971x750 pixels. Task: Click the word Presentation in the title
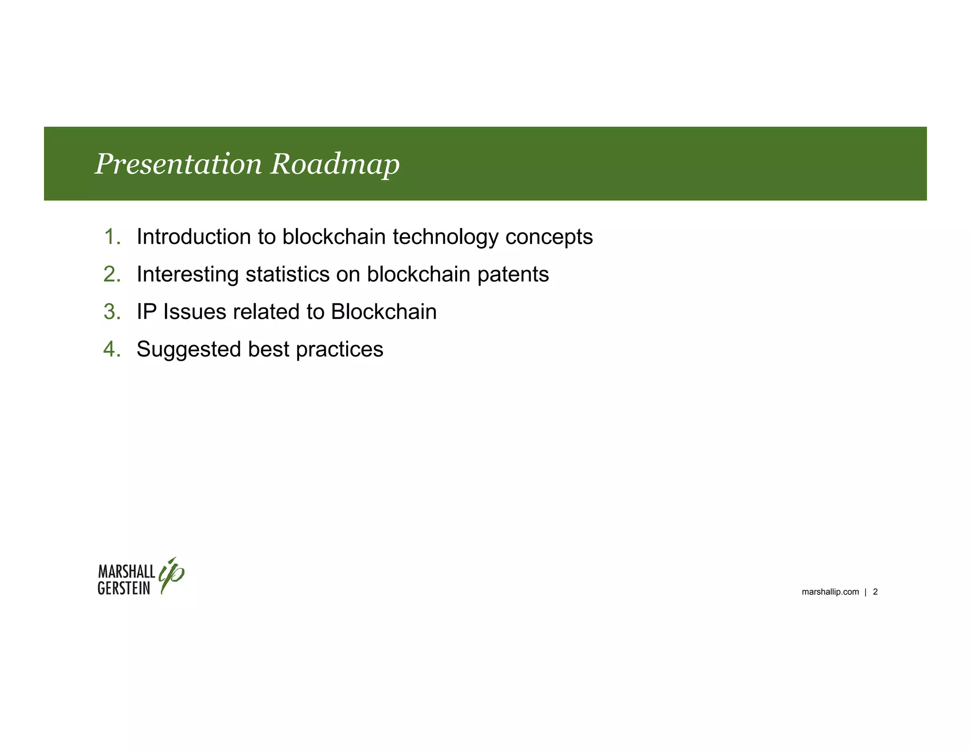pyautogui.click(x=178, y=164)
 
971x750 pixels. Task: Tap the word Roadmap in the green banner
pyautogui.click(x=335, y=164)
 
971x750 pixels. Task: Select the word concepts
pyautogui.click(x=549, y=238)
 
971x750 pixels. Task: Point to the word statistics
pyautogui.click(x=287, y=274)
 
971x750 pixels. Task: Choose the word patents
pyautogui.click(x=513, y=274)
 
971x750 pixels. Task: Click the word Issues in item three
pyautogui.click(x=194, y=311)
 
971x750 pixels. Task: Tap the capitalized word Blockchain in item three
pyautogui.click(x=384, y=311)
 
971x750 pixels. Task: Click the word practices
pyautogui.click(x=339, y=350)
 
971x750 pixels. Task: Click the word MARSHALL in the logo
pyautogui.click(x=127, y=571)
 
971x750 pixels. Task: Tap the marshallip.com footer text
pyautogui.click(x=830, y=592)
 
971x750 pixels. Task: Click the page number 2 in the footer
pyautogui.click(x=875, y=592)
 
